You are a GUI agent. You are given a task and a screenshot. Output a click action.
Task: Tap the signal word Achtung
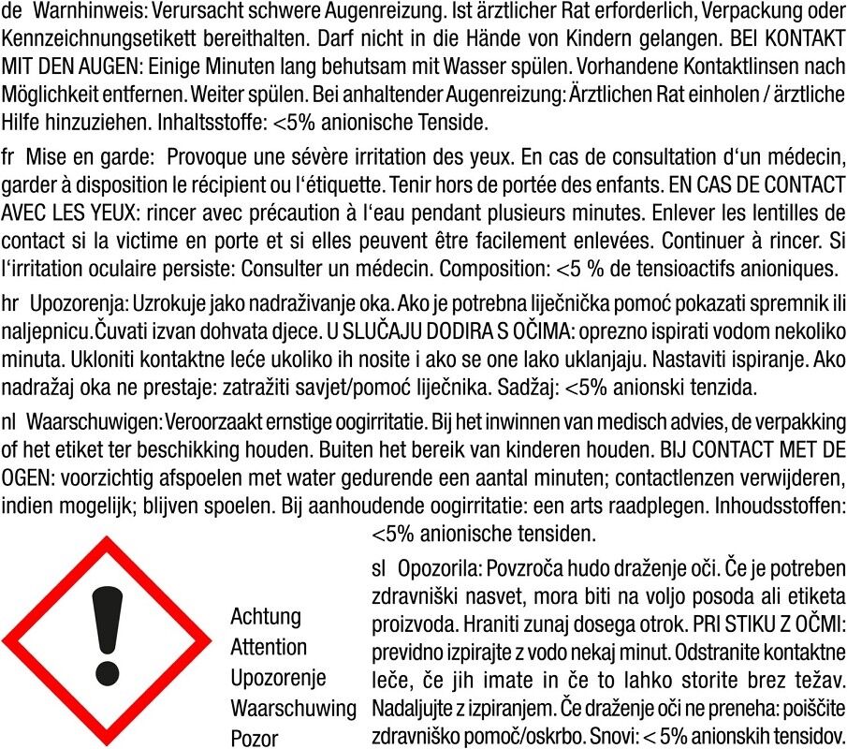[266, 616]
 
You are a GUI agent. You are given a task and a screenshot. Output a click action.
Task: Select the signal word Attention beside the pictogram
[269, 647]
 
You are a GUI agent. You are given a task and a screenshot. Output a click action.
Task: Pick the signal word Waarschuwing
[293, 707]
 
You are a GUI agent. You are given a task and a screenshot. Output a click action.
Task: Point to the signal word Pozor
[255, 738]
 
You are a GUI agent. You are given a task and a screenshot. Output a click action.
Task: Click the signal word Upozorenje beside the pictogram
[278, 677]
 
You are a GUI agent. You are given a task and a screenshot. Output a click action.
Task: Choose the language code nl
[10, 415]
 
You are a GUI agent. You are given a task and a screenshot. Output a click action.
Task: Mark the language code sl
[379, 567]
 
